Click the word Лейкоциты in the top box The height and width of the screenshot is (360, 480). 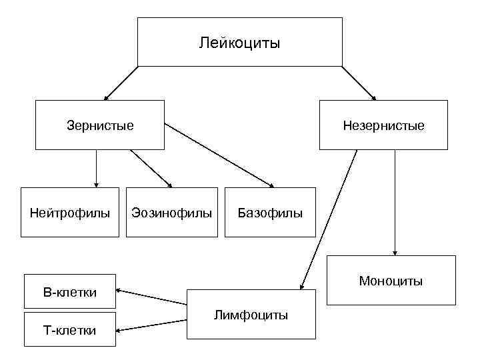pos(240,44)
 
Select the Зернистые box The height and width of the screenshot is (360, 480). pos(100,125)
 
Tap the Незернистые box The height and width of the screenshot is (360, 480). pos(383,125)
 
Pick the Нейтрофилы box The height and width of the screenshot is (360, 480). pos(70,213)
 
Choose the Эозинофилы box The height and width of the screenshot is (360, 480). pos(172,213)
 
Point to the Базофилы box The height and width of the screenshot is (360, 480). pos(270,213)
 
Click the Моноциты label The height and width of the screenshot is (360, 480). pos(391,281)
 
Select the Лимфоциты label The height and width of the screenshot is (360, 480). pos(251,315)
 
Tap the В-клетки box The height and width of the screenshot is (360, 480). pos(70,292)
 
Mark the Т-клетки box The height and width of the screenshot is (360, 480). pos(70,329)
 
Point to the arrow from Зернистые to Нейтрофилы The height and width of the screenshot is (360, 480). pos(97,168)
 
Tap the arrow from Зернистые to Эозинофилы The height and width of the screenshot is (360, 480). pos(151,168)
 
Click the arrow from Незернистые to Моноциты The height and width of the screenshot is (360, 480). pos(395,202)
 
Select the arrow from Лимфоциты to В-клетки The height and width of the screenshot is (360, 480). pos(152,297)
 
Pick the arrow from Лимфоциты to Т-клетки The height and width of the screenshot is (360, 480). pos(152,323)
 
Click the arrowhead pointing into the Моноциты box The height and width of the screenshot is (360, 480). pos(395,253)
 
